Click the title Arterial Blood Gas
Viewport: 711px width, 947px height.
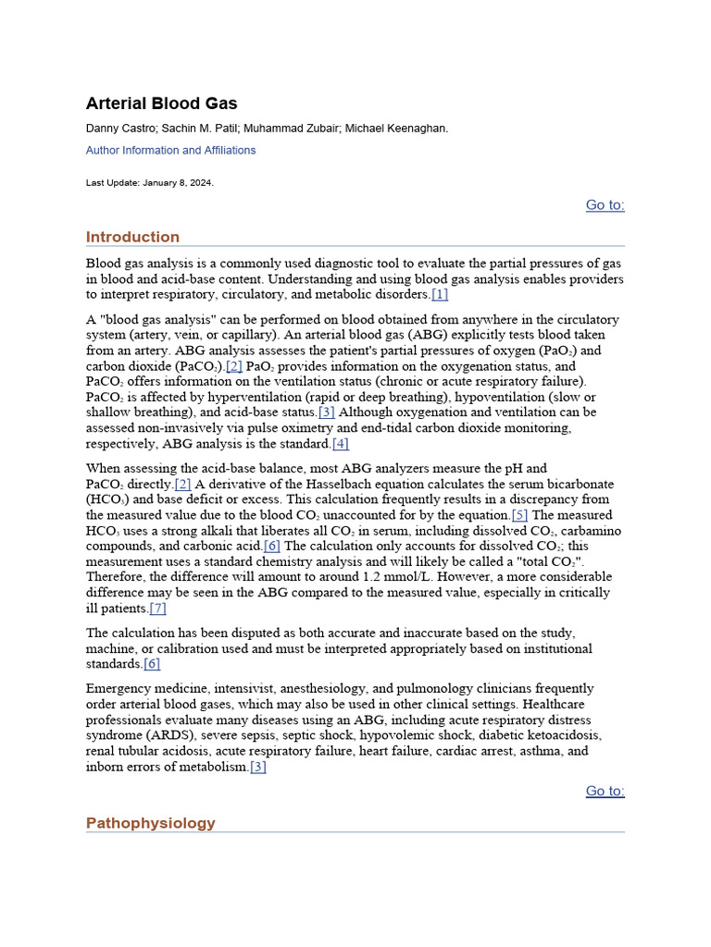(x=161, y=104)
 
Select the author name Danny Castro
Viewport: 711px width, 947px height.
(x=119, y=129)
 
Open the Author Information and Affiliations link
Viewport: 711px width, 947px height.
(x=170, y=150)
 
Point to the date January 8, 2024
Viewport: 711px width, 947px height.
(x=177, y=183)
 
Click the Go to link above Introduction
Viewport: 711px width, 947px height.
(x=605, y=205)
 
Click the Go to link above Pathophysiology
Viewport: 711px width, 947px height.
(x=605, y=792)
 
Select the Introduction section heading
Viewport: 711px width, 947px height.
(x=132, y=237)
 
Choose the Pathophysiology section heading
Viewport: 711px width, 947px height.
(x=150, y=823)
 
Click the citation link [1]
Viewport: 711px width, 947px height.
(x=440, y=295)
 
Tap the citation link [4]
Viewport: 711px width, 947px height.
(x=341, y=444)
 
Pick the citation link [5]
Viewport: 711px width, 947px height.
(x=519, y=515)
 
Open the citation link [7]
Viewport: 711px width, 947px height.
(x=158, y=609)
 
